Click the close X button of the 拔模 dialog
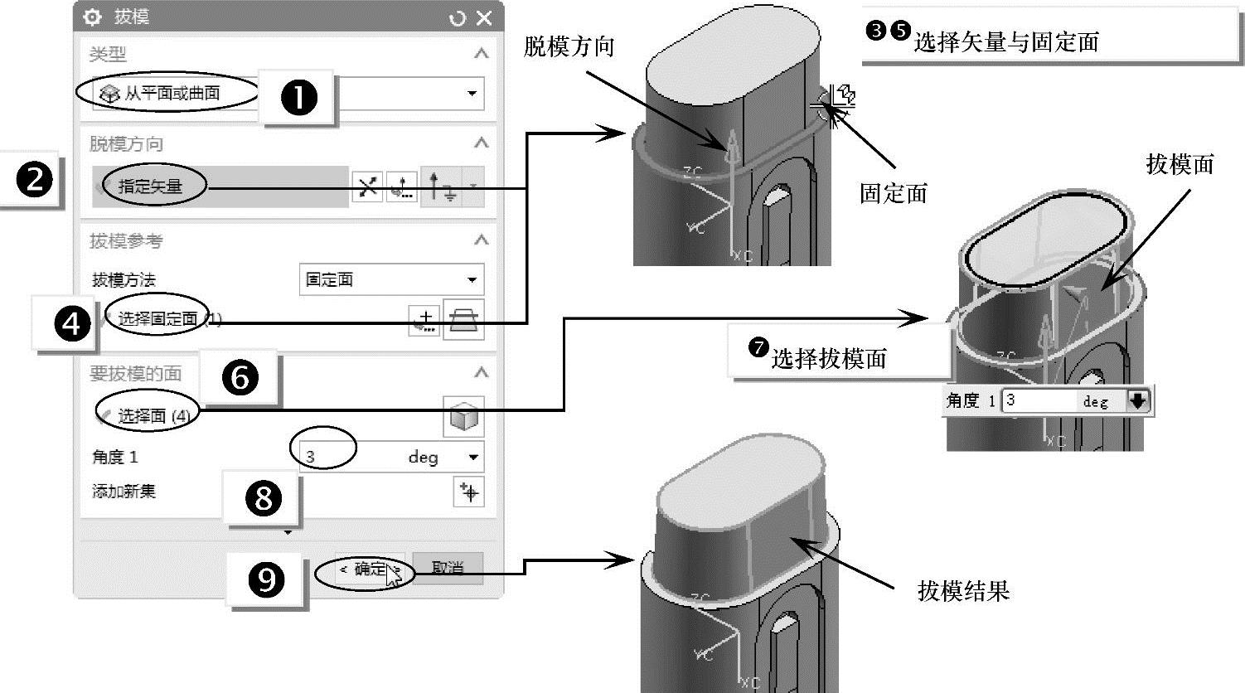(x=484, y=17)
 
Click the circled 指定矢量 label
(x=150, y=187)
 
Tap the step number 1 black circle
(x=299, y=98)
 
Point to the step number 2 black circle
(x=34, y=180)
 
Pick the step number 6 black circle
(x=240, y=378)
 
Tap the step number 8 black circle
(x=264, y=498)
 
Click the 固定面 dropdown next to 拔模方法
(x=390, y=280)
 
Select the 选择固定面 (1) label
(x=162, y=318)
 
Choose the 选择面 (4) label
(x=153, y=415)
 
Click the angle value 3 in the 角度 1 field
(x=311, y=457)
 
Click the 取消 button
(x=448, y=569)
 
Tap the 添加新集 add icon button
(x=469, y=492)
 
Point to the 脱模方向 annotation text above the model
(x=569, y=46)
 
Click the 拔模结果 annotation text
(x=963, y=590)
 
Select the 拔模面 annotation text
(x=1180, y=164)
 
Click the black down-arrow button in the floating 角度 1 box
(x=1138, y=401)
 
